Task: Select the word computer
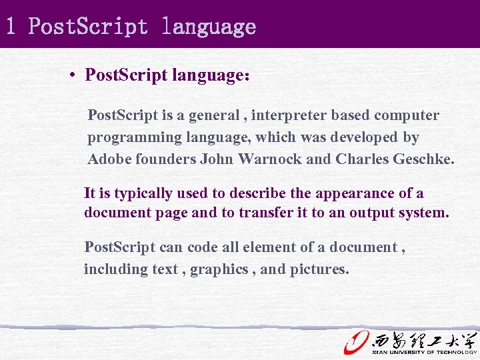(407, 115)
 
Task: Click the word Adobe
(109, 160)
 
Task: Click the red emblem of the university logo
(356, 341)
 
